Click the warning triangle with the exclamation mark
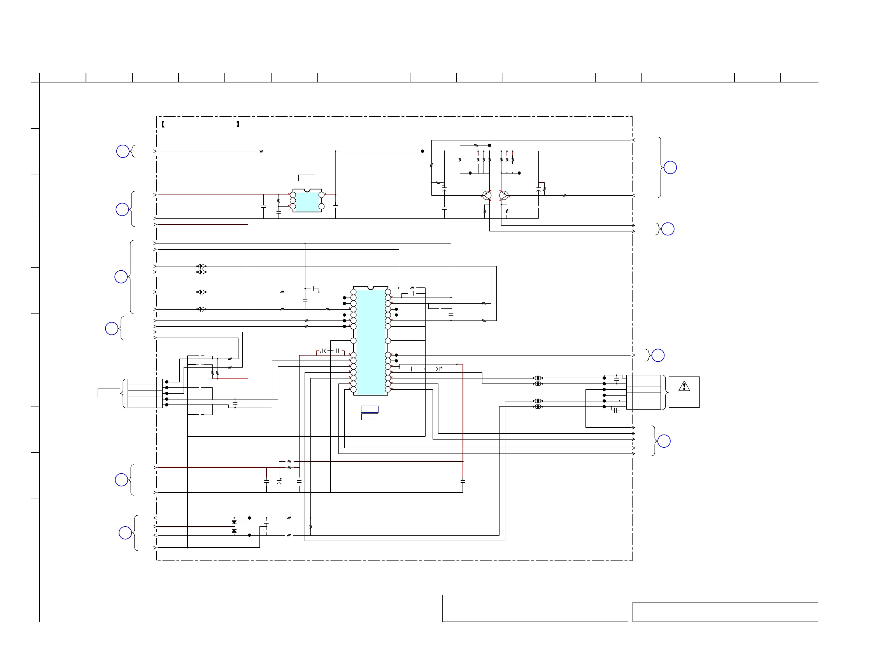tap(684, 386)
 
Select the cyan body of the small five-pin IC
tap(307, 201)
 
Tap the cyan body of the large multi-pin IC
tap(370, 341)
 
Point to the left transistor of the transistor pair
tap(487, 195)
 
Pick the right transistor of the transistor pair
tap(504, 195)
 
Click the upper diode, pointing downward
tap(234, 522)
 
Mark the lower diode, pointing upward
tap(234, 531)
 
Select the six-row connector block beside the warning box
tap(643, 392)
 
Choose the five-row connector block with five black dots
tap(145, 393)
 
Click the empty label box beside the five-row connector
tap(109, 393)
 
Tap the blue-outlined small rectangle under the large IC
tap(370, 409)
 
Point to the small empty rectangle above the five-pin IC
tap(306, 178)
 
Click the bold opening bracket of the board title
tap(163, 124)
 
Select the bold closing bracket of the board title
tap(238, 124)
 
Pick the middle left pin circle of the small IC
tap(293, 201)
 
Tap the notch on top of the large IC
tap(370, 288)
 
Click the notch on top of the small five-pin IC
tap(307, 191)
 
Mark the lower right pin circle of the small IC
tap(321, 206)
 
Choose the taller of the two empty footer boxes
tap(535, 608)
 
